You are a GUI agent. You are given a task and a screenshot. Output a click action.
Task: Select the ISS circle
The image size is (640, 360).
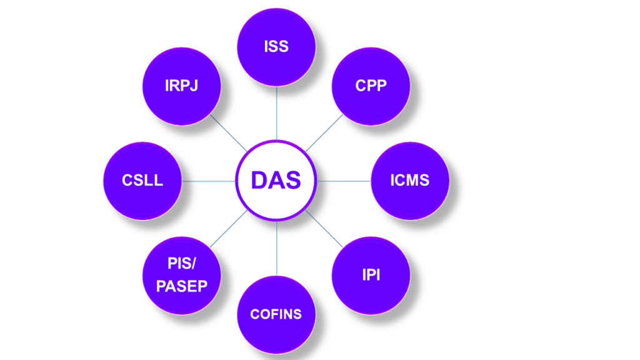point(276,47)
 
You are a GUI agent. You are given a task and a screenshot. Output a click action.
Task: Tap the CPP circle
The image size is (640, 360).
point(371,86)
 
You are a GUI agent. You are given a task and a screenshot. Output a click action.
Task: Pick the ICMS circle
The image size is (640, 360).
point(410,181)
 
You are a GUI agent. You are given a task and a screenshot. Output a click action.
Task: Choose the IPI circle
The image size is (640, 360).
point(371,276)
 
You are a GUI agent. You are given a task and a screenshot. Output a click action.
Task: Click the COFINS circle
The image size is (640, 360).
point(276,314)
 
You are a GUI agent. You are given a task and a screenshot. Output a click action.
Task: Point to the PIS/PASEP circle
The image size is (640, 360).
point(182,276)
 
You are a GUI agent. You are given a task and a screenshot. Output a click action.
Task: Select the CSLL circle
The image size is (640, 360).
point(142,181)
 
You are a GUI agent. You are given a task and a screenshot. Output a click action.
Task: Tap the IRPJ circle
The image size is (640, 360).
point(182,86)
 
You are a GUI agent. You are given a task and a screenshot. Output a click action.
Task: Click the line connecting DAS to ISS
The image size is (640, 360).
point(276,112)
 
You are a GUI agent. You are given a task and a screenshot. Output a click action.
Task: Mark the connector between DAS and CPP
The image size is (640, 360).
point(324,132)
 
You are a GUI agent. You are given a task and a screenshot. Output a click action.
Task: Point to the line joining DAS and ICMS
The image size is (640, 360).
point(344,181)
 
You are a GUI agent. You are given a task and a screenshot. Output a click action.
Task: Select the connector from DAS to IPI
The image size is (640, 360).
point(324,229)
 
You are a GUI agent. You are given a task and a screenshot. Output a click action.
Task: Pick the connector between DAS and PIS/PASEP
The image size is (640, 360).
point(228,229)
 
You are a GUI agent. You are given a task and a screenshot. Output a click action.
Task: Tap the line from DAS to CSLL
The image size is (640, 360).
point(209,181)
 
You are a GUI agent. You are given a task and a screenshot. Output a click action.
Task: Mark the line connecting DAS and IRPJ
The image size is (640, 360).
point(228,132)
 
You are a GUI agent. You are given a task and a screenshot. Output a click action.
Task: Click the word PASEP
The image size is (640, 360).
point(182,287)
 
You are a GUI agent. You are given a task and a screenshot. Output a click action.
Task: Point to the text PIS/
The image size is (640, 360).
point(182,264)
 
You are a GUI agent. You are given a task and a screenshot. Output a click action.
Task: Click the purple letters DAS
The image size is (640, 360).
point(276,181)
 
